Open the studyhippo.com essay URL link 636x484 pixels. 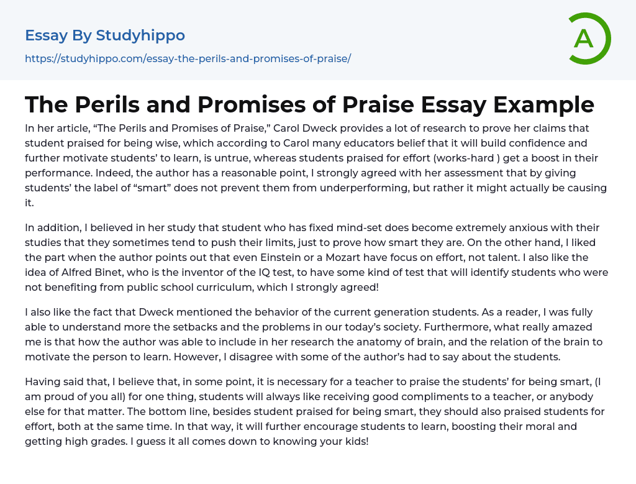coord(188,58)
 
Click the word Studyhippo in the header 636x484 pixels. coord(140,35)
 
